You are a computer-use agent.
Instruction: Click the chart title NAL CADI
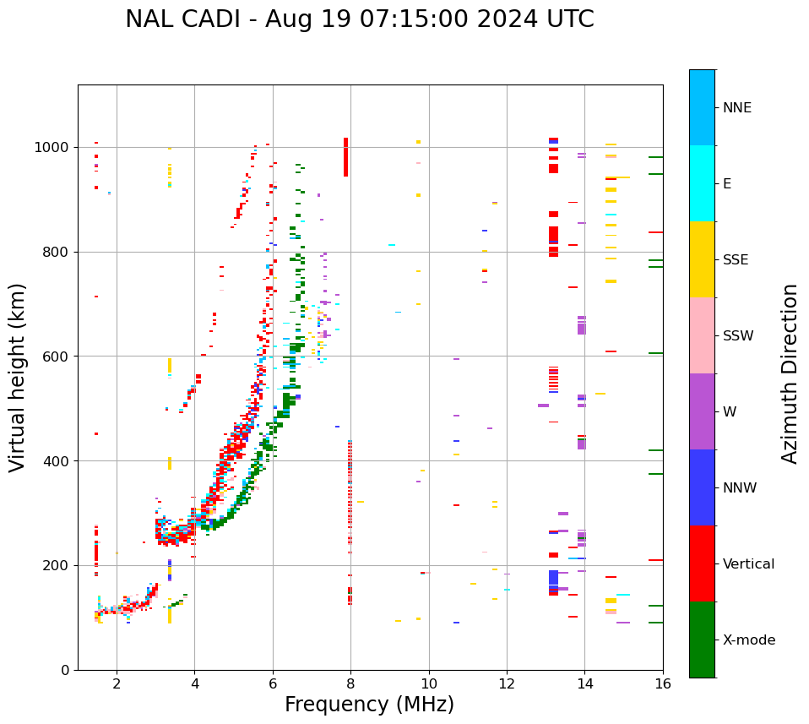359,19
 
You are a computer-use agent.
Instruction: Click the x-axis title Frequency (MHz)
369,705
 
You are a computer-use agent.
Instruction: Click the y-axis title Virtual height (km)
19,377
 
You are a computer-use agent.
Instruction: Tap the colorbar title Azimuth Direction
790,373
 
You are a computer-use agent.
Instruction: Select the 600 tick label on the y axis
59,356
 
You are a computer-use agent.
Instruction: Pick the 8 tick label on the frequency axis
350,683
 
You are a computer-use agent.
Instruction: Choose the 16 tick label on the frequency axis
663,683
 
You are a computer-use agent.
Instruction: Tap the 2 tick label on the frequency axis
117,683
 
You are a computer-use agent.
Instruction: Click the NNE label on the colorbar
737,107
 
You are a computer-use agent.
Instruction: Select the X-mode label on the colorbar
749,640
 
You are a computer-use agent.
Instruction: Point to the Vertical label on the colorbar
749,563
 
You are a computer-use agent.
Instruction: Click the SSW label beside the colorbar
738,335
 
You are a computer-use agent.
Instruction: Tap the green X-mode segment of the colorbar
702,640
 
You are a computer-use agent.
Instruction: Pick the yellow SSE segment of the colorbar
702,259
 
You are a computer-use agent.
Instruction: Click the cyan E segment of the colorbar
702,183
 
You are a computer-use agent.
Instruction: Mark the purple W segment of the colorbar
702,411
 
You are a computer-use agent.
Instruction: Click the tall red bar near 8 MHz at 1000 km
345,157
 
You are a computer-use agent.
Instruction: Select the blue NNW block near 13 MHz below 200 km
553,578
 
